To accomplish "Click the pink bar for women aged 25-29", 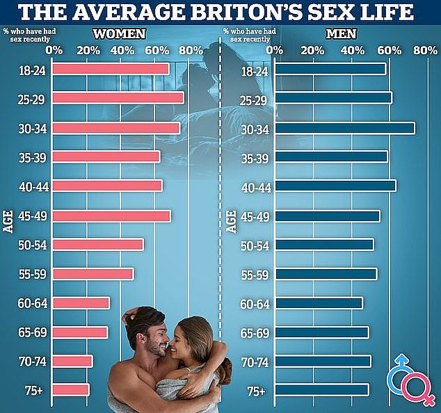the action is pyautogui.click(x=118, y=98).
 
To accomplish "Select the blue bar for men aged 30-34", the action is pyautogui.click(x=345, y=128).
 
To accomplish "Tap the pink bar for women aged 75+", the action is pyautogui.click(x=71, y=390).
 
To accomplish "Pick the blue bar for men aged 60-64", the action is pyautogui.click(x=319, y=303).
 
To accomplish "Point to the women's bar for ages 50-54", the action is pyautogui.click(x=98, y=245).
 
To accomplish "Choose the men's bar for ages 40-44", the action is pyautogui.click(x=335, y=186).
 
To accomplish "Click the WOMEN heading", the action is pyautogui.click(x=119, y=34).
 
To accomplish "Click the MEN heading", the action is pyautogui.click(x=341, y=34).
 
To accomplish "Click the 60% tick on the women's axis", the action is pyautogui.click(x=157, y=51).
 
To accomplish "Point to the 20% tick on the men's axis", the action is pyautogui.click(x=312, y=51).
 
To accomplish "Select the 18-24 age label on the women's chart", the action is pyautogui.click(x=32, y=70).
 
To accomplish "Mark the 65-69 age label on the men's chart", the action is pyautogui.click(x=255, y=334).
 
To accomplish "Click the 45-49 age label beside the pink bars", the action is pyautogui.click(x=33, y=216).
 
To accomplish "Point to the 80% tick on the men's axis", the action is pyautogui.click(x=425, y=51).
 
